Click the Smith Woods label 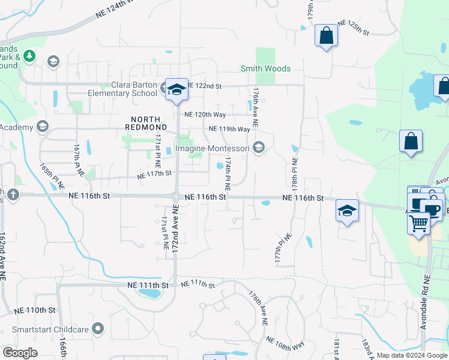(266, 69)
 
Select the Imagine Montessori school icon (259, 148)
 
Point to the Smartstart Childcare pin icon (98, 329)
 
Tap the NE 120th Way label (205, 114)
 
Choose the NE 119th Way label (229, 129)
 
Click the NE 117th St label (154, 174)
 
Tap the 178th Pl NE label (295, 174)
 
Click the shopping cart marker (418, 223)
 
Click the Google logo (20, 353)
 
